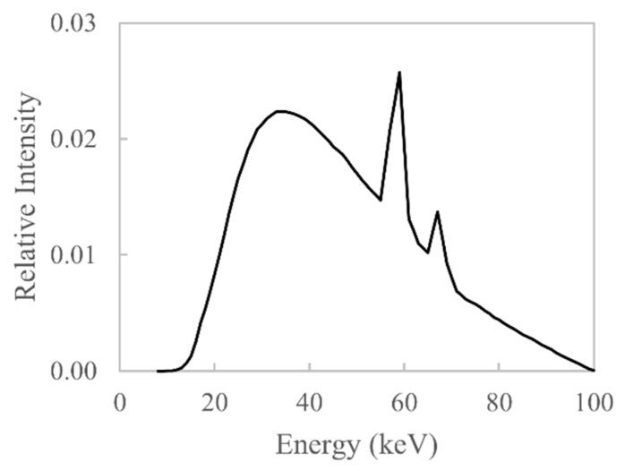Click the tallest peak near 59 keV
tap(399, 73)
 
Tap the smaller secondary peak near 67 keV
tap(437, 212)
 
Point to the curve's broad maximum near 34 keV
tap(280, 112)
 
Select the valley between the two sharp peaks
tap(428, 252)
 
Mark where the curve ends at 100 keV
tap(593, 370)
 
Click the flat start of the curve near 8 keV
tap(159, 370)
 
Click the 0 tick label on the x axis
tap(120, 400)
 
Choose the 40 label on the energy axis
tap(309, 400)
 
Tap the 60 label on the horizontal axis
tap(404, 400)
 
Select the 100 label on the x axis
tap(592, 400)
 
